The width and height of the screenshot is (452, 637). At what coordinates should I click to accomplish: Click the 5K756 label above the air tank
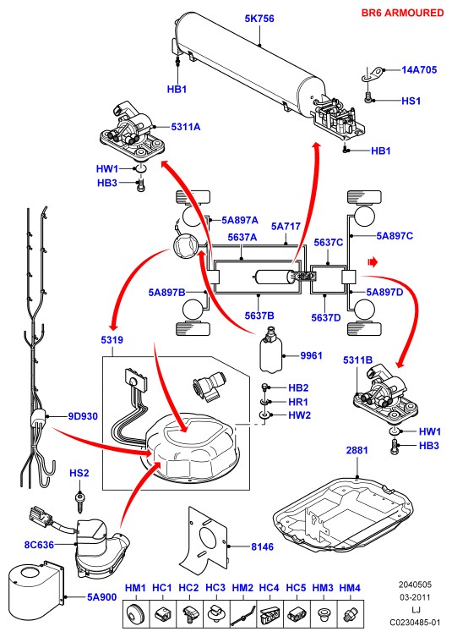pyautogui.click(x=259, y=19)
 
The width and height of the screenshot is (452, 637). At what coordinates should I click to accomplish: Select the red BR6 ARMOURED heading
pyautogui.click(x=402, y=13)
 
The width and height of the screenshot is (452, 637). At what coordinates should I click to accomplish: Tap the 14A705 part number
pyautogui.click(x=419, y=70)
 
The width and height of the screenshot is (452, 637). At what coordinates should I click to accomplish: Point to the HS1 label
pyautogui.click(x=411, y=101)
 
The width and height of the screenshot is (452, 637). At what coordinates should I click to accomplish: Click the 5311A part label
pyautogui.click(x=185, y=127)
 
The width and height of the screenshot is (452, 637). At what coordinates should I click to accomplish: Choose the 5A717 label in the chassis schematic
pyautogui.click(x=286, y=226)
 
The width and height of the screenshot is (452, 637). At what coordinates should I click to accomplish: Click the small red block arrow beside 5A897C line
pyautogui.click(x=373, y=262)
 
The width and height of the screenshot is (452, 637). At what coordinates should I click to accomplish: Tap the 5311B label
pyautogui.click(x=357, y=360)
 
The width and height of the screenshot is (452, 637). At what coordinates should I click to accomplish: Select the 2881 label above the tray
pyautogui.click(x=357, y=450)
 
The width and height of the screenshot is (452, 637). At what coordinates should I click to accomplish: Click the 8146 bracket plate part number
pyautogui.click(x=262, y=546)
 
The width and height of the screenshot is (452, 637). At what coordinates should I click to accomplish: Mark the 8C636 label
pyautogui.click(x=39, y=545)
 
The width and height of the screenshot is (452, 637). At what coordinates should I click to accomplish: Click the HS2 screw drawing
pyautogui.click(x=79, y=502)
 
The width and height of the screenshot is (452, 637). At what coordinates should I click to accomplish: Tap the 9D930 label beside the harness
pyautogui.click(x=83, y=416)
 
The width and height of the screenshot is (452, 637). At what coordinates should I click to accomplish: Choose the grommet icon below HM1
pyautogui.click(x=135, y=613)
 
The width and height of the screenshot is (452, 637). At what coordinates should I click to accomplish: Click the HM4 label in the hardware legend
pyautogui.click(x=350, y=588)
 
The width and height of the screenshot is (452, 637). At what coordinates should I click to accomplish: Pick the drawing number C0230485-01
pyautogui.click(x=415, y=623)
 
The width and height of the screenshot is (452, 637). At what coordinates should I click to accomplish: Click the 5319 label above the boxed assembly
pyautogui.click(x=112, y=339)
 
